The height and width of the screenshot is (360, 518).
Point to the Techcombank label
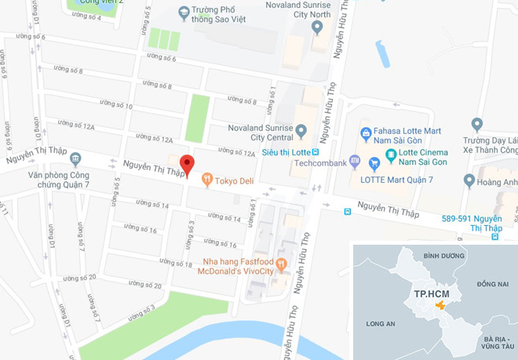[320, 164]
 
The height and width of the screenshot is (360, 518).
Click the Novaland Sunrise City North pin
[317, 27]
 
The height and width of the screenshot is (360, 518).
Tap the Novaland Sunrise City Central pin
[300, 129]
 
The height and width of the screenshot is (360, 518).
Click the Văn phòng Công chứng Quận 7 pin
[75, 158]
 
